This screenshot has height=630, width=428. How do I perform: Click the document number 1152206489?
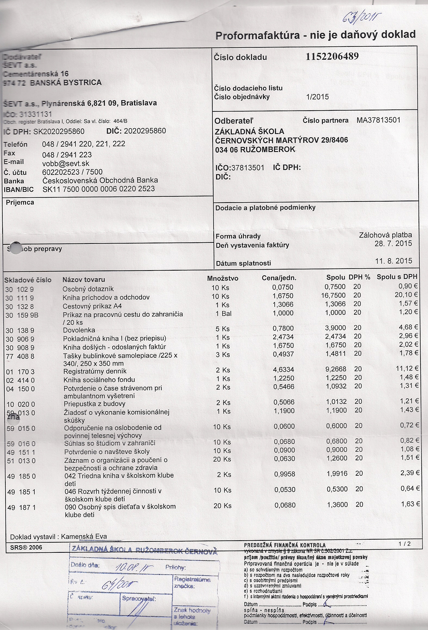(x=332, y=56)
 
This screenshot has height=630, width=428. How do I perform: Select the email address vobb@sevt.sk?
(x=66, y=163)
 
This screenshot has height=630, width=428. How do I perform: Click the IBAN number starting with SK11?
(x=99, y=189)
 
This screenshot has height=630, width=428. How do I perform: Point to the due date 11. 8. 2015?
(x=393, y=261)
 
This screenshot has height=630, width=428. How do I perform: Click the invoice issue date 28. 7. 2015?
(x=393, y=243)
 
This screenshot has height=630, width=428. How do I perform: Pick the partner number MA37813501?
(x=378, y=120)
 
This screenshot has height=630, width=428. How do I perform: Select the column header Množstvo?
(x=222, y=278)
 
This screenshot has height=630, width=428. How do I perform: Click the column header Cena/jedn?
(x=279, y=278)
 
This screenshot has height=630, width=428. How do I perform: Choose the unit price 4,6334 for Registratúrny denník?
(x=284, y=370)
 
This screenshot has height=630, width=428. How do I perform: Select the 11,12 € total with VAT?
(x=407, y=369)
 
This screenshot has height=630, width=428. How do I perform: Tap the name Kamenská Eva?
(x=84, y=536)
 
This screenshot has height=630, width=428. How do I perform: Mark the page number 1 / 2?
(x=405, y=544)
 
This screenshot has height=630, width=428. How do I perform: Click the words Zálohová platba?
(x=385, y=235)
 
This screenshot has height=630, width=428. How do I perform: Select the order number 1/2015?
(x=317, y=97)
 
